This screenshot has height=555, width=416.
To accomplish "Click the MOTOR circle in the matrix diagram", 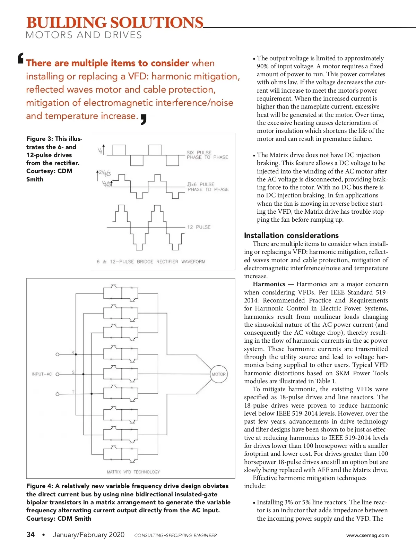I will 219,374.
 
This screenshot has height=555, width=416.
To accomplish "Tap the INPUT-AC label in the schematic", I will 42,374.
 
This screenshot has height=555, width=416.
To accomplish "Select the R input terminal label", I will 73,352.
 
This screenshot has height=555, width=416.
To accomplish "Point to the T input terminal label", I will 73,392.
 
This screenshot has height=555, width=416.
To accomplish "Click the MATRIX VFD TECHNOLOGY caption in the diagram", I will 133,472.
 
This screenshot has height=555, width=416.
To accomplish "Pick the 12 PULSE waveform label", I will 199,227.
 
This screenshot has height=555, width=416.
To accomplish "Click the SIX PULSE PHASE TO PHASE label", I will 207,155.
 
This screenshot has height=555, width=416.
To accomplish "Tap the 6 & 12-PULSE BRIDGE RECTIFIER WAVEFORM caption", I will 151,262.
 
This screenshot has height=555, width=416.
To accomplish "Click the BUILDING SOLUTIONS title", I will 115,23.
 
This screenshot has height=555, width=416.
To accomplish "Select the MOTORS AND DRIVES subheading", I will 84,35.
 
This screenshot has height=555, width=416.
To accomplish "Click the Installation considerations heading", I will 291,235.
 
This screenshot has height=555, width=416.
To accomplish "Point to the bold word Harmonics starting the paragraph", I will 269,284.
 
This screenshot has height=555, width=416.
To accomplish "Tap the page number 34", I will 31,535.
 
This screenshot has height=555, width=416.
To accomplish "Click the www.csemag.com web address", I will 367,535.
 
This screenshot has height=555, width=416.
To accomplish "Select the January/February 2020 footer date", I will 89,535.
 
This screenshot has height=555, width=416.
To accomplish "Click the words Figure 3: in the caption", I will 39,139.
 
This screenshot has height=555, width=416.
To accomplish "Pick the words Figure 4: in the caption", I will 39,486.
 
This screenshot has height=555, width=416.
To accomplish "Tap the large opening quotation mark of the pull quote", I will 21,58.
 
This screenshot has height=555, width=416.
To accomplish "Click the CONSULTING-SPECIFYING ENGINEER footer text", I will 175,535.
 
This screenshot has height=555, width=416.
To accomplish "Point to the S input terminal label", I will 73,372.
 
